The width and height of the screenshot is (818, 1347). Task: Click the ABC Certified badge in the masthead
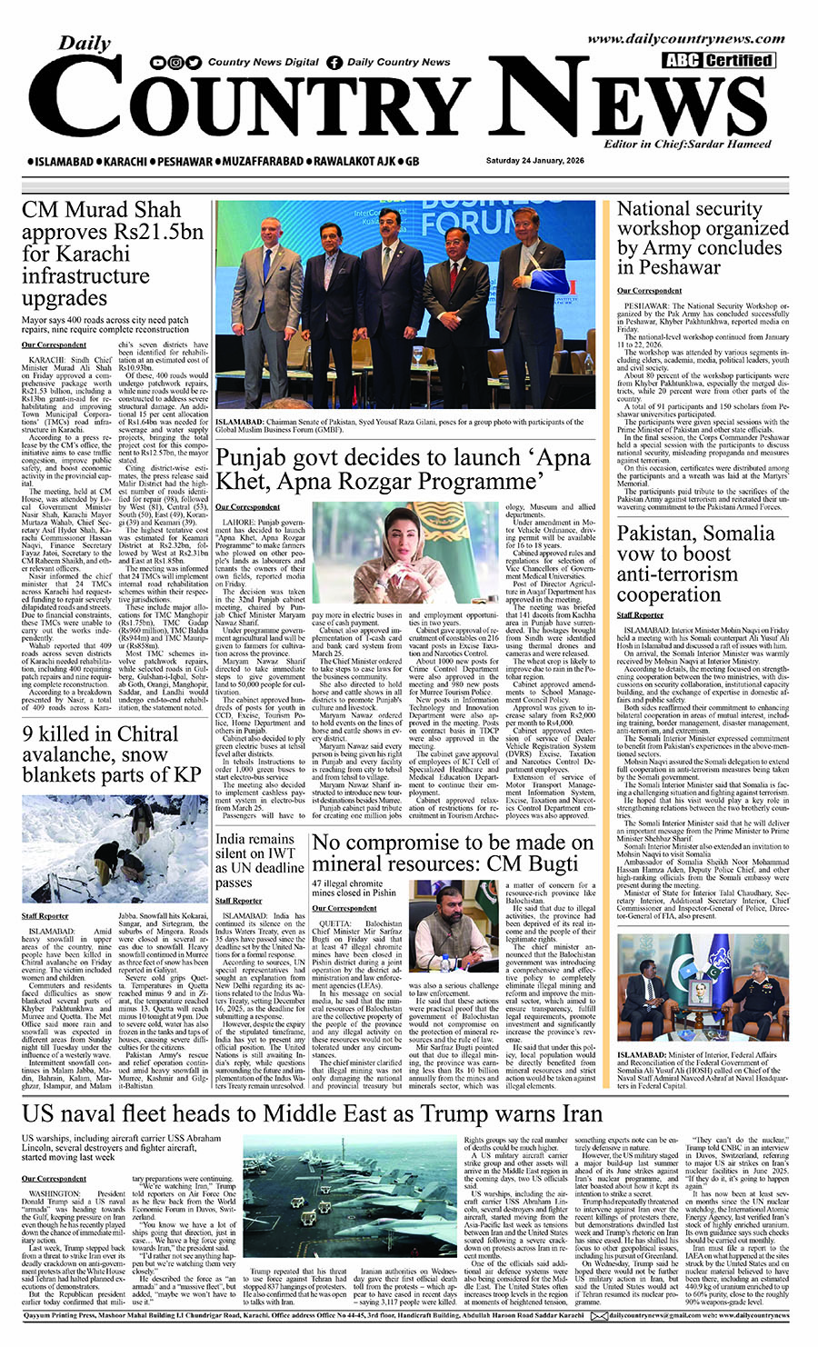coord(718,61)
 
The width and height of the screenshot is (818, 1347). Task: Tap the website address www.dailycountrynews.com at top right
coord(685,39)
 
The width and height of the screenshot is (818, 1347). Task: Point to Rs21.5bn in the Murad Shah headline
coord(153,232)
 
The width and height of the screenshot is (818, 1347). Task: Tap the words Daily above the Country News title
coord(84,43)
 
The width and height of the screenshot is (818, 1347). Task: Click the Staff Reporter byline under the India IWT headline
coord(238,901)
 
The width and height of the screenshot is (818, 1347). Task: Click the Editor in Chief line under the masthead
coord(687,144)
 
